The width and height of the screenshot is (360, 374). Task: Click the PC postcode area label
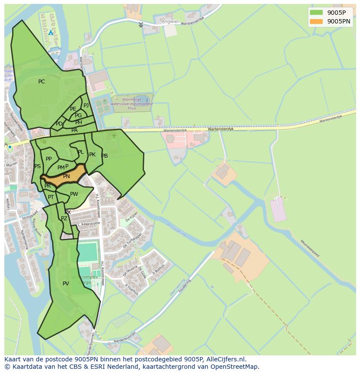coord(41,82)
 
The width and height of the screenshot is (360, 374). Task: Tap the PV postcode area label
coord(66,284)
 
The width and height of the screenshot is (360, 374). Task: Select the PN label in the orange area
coord(66,176)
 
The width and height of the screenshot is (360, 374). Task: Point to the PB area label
coord(104,156)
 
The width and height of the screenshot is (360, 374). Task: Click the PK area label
coord(92,155)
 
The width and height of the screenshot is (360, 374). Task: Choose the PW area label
coord(74,194)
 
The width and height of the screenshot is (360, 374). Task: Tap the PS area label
coord(37,166)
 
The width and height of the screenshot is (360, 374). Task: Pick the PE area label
coord(73,109)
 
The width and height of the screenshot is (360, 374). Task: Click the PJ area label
coord(86,105)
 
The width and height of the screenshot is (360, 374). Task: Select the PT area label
coord(51,197)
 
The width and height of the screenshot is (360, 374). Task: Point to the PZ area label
coord(64,218)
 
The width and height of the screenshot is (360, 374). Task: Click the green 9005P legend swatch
coord(316,13)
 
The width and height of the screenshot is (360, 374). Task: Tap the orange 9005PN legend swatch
coord(316,21)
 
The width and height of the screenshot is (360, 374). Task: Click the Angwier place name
coord(170,21)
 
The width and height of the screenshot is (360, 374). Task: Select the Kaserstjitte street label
coord(90,223)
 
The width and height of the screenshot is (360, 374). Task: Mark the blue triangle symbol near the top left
coord(51,33)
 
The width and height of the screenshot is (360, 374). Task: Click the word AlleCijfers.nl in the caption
coord(226,359)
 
